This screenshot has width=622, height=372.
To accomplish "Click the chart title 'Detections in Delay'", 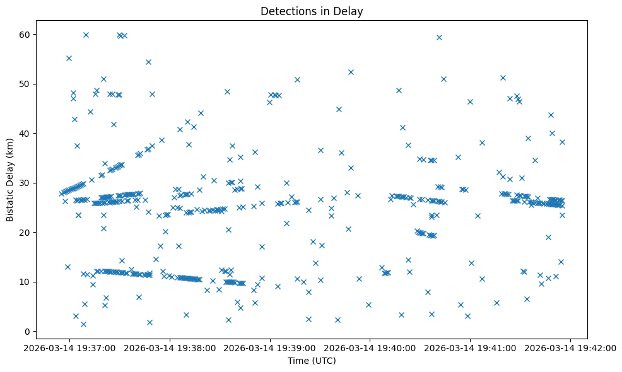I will (312, 11).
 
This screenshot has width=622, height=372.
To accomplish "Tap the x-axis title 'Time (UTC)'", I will (312, 361).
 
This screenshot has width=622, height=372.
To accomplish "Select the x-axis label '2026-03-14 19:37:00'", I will (70, 347).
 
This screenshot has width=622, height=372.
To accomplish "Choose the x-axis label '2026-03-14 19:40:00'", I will (370, 347).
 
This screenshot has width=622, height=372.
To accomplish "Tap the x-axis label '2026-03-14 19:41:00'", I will (471, 347).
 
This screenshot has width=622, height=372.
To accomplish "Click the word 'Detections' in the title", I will (285, 11).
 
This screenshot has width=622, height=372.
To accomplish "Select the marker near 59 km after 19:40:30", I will (439, 37).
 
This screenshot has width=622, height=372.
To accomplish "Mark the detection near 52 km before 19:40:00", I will (351, 72).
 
